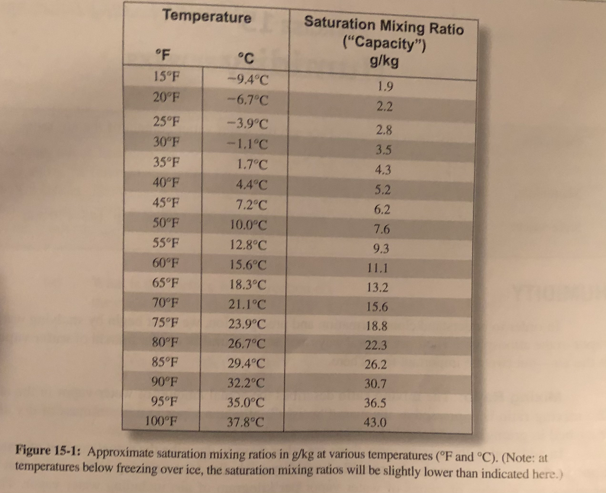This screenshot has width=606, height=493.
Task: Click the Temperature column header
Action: (207, 17)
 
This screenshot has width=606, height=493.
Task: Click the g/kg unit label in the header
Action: (383, 61)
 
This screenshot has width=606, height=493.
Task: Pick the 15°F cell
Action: (166, 76)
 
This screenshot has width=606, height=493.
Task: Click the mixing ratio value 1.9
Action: (385, 86)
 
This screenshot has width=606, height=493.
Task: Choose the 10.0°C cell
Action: (248, 225)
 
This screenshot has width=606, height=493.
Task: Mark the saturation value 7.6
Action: (382, 230)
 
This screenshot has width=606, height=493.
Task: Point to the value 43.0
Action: (375, 423)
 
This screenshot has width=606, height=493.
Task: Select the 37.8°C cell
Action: (246, 421)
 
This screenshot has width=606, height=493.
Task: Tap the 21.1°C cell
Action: (247, 305)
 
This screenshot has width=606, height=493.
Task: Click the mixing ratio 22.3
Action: (376, 345)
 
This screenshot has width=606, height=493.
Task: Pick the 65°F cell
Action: (166, 283)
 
